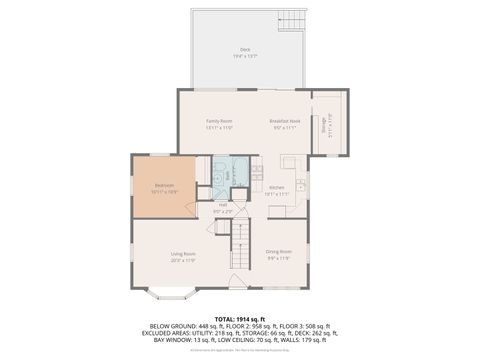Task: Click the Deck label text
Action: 245,51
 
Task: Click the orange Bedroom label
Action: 165,186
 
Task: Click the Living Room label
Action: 182,256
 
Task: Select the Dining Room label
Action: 279,253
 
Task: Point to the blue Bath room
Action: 229,172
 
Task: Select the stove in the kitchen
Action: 258,186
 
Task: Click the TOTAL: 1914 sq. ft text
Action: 239,317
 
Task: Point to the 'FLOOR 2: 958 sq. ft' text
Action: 243,326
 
